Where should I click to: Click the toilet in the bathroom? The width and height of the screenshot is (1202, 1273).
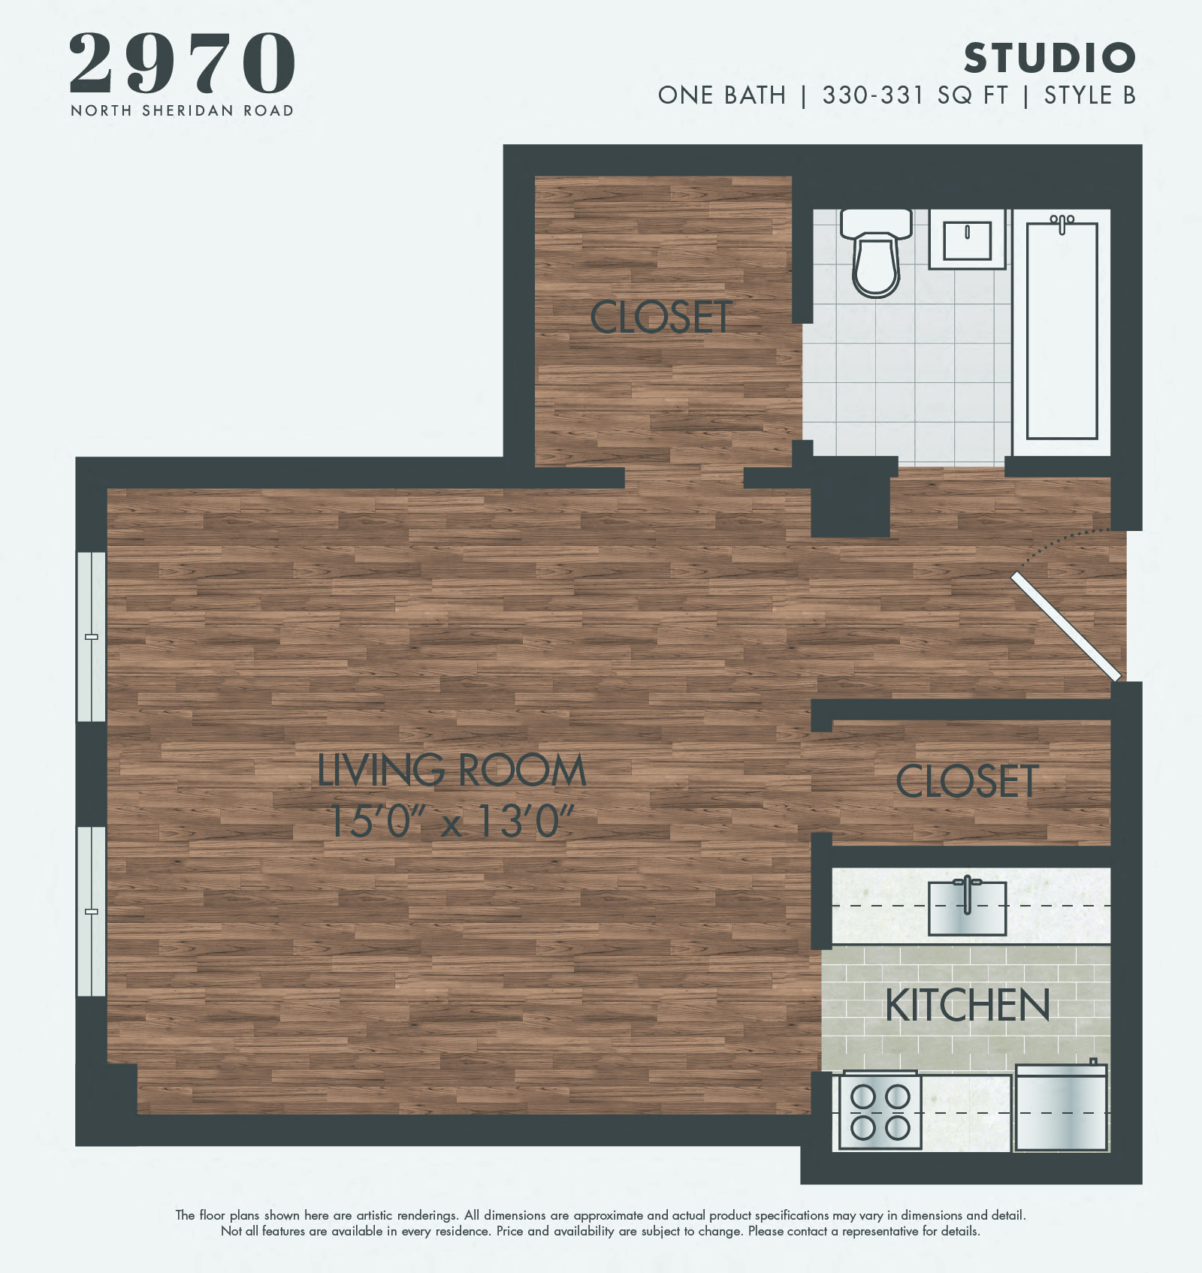point(876,255)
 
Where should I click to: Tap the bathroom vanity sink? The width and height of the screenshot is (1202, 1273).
point(967,239)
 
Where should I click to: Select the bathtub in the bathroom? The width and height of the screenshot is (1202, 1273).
point(1062,330)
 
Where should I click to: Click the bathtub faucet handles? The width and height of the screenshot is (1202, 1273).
point(1062,222)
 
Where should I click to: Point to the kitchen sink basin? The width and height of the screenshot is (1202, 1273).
point(967,908)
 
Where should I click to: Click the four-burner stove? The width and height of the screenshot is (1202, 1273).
point(880,1112)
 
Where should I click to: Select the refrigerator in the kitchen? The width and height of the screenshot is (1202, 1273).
point(1061,1109)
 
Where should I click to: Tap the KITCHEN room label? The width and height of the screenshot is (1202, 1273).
point(968,1006)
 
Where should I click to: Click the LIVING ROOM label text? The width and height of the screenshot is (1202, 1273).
point(452,771)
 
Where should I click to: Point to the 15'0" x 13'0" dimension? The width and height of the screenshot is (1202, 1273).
point(452,821)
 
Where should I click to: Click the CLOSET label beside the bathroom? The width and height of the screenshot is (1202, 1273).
point(661,317)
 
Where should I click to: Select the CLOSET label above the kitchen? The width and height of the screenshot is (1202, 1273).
point(968,781)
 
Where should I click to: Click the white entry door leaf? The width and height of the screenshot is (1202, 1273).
point(1066,626)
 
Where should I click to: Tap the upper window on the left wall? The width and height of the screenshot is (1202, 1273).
point(92,637)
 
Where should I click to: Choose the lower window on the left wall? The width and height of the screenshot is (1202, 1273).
point(92,911)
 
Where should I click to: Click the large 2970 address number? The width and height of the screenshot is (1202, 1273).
point(182,63)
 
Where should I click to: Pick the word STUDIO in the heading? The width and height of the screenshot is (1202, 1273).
point(1049,58)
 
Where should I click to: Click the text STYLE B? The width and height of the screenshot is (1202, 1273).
point(1090,95)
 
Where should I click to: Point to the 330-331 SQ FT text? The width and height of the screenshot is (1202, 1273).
point(914,95)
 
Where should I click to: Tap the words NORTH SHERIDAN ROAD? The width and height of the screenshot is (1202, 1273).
point(182,110)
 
